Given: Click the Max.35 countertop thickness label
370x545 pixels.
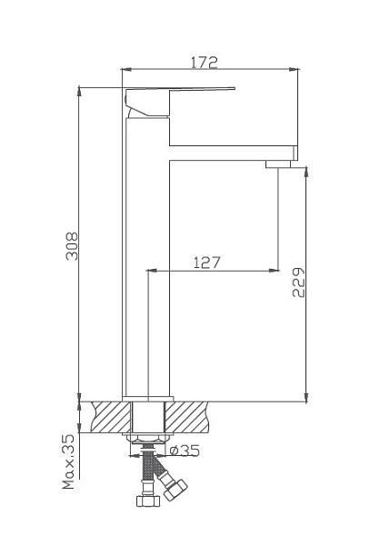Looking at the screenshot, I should point(69,462).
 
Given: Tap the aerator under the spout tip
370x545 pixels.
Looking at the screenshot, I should point(280,163).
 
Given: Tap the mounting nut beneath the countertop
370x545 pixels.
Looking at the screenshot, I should point(147,441).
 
